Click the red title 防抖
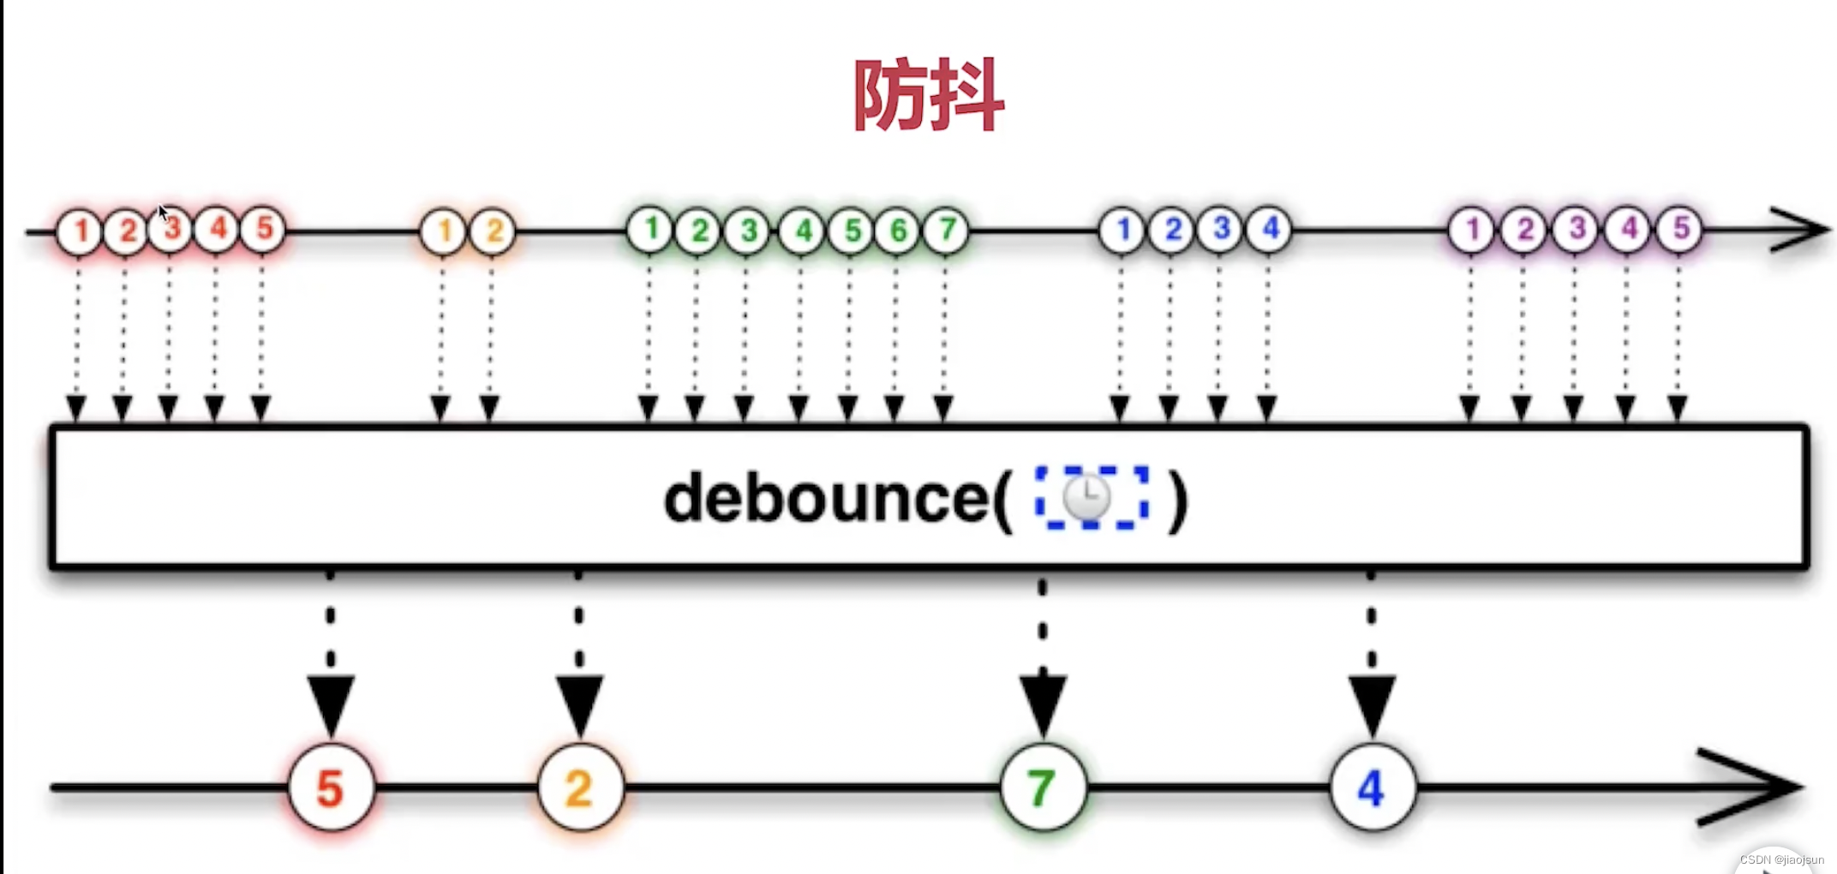929,95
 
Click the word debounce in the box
828,499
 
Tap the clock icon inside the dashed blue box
1088,498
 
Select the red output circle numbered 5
331,787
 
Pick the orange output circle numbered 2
580,787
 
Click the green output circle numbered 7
1042,787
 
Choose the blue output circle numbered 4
1372,787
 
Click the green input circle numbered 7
946,230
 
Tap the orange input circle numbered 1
443,231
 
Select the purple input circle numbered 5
1679,229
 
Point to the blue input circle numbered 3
1220,229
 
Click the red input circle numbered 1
79,231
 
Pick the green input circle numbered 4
802,230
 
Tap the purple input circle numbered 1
1471,230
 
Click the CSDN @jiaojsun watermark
1781,859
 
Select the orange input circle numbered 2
494,231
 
